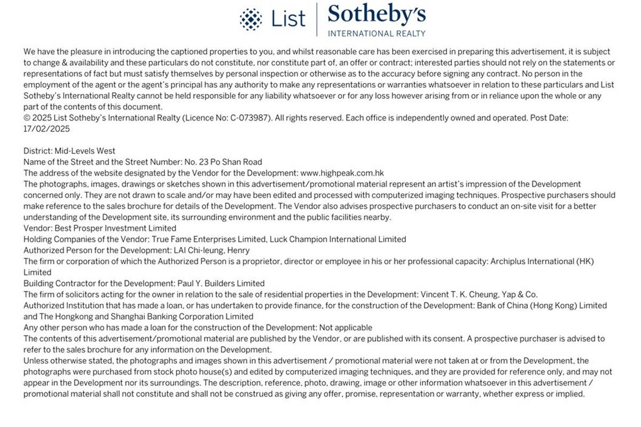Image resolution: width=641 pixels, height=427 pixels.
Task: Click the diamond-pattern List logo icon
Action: point(251,19)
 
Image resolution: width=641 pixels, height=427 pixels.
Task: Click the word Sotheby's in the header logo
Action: point(377,14)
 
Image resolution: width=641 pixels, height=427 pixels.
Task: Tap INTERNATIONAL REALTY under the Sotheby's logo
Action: point(377,33)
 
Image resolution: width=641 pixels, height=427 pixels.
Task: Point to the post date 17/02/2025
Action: point(46,129)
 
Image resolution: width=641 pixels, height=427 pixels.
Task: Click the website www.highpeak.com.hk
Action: point(342,173)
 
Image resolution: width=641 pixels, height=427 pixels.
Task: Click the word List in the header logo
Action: point(288,19)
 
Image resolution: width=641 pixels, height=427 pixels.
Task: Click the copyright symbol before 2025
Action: point(27,118)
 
